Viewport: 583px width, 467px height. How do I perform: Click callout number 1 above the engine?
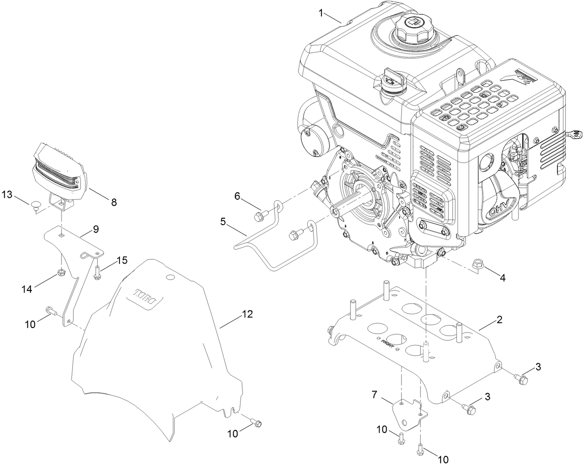pos(320,13)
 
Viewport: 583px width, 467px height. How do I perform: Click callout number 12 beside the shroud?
pos(247,315)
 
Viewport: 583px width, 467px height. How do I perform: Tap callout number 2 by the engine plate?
pos(499,320)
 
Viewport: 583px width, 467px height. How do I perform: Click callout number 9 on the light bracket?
pos(96,228)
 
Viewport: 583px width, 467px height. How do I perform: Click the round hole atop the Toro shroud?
pos(170,277)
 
